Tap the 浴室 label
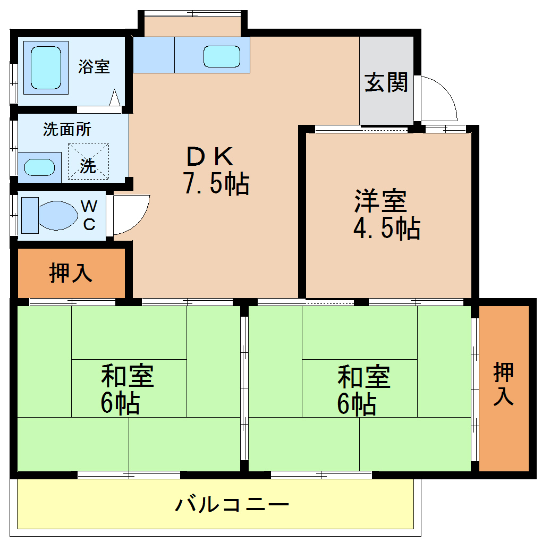(x=94, y=66)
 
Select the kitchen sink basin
(x=222, y=56)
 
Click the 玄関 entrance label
(x=386, y=82)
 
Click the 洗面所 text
(x=67, y=129)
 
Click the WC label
(x=89, y=215)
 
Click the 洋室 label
(x=380, y=201)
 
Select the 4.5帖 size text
(x=386, y=228)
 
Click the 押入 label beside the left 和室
(x=71, y=273)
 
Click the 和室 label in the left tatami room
(x=128, y=376)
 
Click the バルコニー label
(x=232, y=504)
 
